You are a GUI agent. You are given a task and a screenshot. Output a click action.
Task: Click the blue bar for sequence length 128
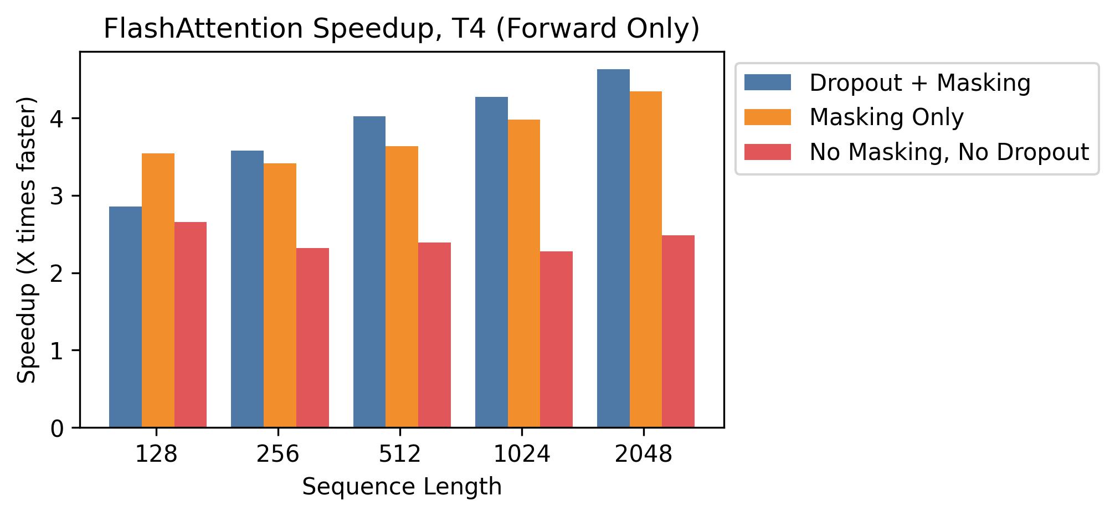[125, 317]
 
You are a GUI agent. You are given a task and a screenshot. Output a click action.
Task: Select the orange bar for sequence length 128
[158, 290]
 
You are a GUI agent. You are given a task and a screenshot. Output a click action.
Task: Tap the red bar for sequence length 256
[312, 338]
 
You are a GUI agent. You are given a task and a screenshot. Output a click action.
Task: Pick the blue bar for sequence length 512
[369, 271]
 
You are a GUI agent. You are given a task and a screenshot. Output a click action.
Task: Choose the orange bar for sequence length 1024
[524, 274]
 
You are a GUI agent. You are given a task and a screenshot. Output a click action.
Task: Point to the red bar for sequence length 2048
[678, 331]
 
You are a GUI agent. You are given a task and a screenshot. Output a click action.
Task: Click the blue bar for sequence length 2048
[613, 248]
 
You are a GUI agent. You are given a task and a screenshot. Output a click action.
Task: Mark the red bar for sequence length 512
[434, 334]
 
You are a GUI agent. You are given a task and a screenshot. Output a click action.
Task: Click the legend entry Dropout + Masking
[919, 83]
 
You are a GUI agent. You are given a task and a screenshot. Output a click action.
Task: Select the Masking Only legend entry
[886, 117]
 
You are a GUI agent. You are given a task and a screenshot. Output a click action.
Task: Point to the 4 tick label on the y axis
[58, 119]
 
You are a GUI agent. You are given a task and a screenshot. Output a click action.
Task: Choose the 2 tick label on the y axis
[58, 274]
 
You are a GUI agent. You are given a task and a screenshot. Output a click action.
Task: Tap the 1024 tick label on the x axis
[522, 455]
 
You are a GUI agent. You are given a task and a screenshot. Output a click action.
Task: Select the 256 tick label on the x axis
[278, 455]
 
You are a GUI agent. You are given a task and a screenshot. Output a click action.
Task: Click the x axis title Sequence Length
[402, 487]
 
